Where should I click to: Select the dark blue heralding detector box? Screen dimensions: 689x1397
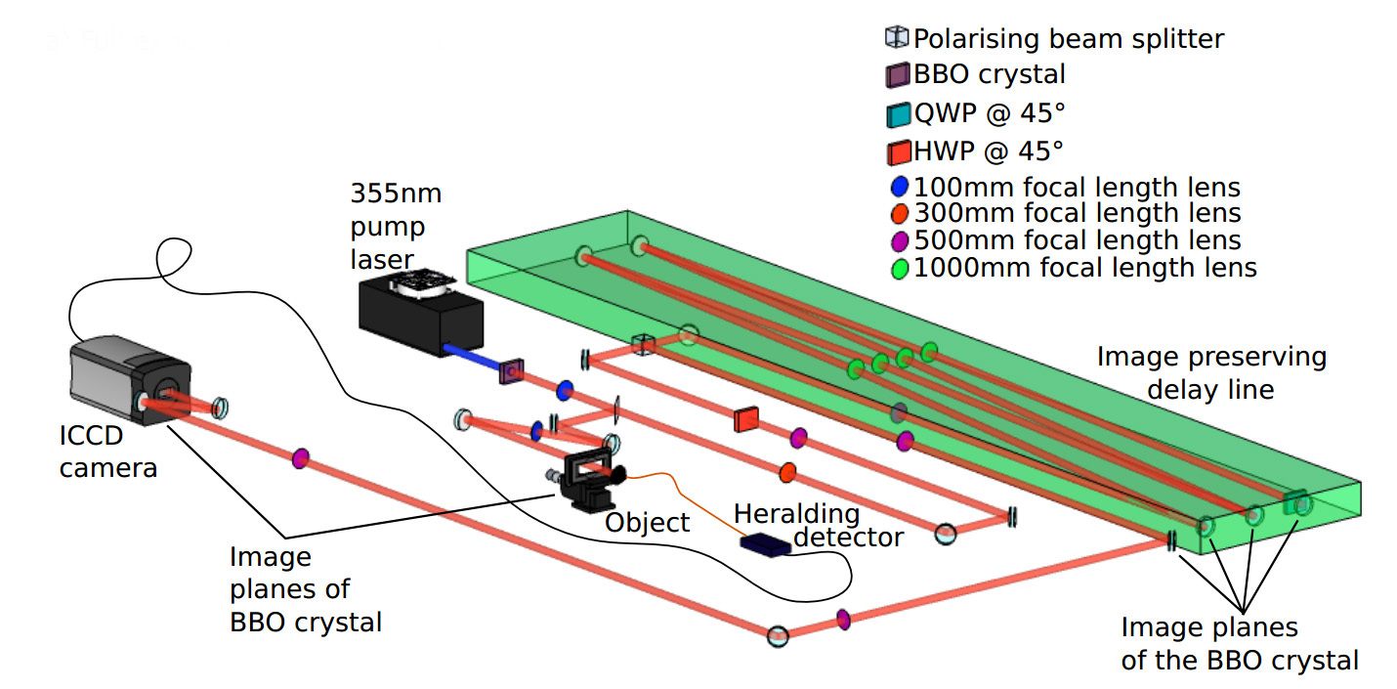[x=766, y=544]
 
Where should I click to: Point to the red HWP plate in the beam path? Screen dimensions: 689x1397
[x=746, y=418]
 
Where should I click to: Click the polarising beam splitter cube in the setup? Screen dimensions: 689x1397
[x=642, y=344]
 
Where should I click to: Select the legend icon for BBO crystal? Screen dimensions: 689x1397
[x=897, y=74]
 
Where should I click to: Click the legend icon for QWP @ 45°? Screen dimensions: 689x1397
[x=897, y=114]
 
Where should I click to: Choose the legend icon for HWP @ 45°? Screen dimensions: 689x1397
[x=897, y=152]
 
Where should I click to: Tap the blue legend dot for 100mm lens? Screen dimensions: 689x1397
[x=900, y=186]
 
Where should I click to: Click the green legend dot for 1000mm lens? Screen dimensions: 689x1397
[x=900, y=267]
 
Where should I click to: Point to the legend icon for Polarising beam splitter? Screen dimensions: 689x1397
[x=896, y=38]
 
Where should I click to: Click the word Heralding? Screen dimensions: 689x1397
[x=796, y=513]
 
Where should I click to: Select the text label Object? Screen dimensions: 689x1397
[x=647, y=523]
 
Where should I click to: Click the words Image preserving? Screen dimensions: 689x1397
[x=1211, y=357]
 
